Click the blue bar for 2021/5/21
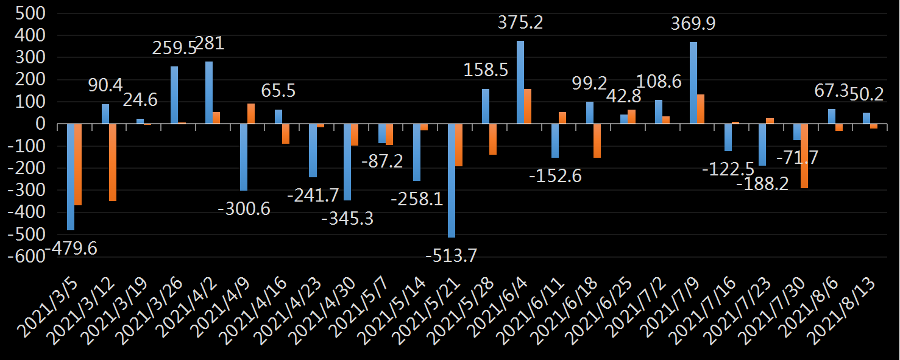pos(452,180)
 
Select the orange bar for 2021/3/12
pos(113,162)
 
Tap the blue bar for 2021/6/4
pos(520,82)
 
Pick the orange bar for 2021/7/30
pos(804,156)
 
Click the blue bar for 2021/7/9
pos(693,83)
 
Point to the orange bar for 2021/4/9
pos(251,114)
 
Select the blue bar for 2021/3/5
pos(71,177)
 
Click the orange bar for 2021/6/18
pos(597,141)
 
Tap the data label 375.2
pos(520,23)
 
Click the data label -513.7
pos(451,256)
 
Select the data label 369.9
pos(693,24)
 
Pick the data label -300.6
pos(244,208)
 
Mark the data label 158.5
pos(486,70)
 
